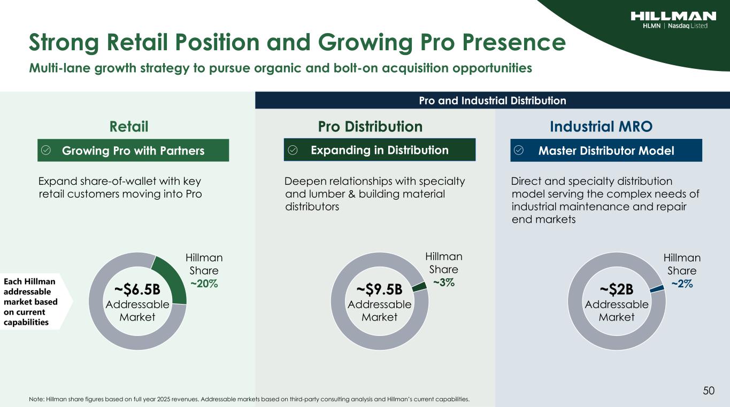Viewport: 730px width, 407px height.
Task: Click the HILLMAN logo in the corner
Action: click(x=673, y=20)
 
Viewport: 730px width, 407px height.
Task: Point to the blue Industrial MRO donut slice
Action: click(x=657, y=289)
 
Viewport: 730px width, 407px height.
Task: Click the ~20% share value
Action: click(x=204, y=284)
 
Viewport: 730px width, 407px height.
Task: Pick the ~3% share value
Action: click(x=443, y=283)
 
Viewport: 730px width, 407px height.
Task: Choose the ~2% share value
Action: click(x=682, y=284)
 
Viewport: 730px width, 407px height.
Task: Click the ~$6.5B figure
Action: click(x=137, y=289)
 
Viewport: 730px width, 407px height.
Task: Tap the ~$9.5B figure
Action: click(x=379, y=289)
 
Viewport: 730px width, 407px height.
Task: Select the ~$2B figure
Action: click(x=617, y=289)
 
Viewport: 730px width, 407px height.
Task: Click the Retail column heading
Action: click(x=129, y=127)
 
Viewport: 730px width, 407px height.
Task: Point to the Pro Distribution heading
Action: click(x=370, y=127)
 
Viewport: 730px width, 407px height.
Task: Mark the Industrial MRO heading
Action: click(x=601, y=127)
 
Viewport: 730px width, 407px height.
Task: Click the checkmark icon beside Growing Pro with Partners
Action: click(x=46, y=150)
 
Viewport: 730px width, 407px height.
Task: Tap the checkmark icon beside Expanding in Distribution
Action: click(x=293, y=150)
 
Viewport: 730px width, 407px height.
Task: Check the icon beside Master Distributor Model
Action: click(x=519, y=150)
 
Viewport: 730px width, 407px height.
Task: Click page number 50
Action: click(x=709, y=390)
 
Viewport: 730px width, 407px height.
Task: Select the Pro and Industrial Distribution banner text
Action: click(x=493, y=100)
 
